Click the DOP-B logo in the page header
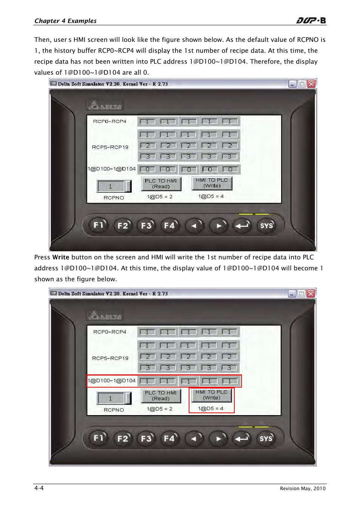click(311, 20)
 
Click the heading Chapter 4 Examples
click(66, 21)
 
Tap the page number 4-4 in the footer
click(39, 488)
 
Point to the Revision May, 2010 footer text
click(303, 489)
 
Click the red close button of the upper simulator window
click(311, 84)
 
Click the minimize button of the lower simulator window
click(292, 294)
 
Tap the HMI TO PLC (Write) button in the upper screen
click(212, 183)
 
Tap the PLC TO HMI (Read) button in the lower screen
click(161, 396)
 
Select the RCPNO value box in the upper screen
click(114, 186)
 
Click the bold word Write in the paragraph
click(61, 257)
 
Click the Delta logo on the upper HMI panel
click(105, 106)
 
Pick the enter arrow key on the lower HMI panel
click(242, 438)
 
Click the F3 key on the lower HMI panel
click(146, 438)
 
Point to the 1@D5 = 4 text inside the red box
click(211, 408)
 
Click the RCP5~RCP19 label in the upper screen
click(110, 147)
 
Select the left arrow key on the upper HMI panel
click(194, 225)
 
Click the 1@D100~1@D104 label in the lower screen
click(112, 380)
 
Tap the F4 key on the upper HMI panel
click(170, 225)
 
